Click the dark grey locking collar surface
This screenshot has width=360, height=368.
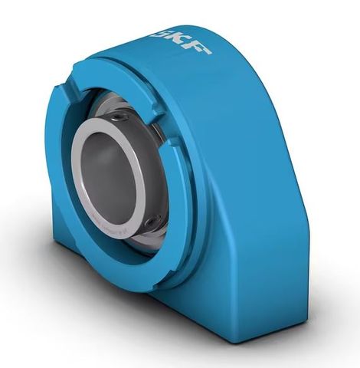pos(157,153)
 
